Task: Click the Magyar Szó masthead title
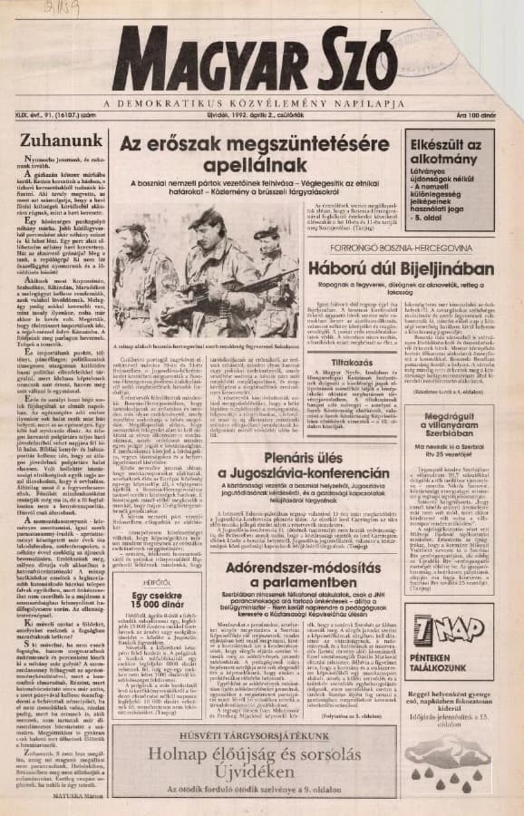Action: point(263,63)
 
